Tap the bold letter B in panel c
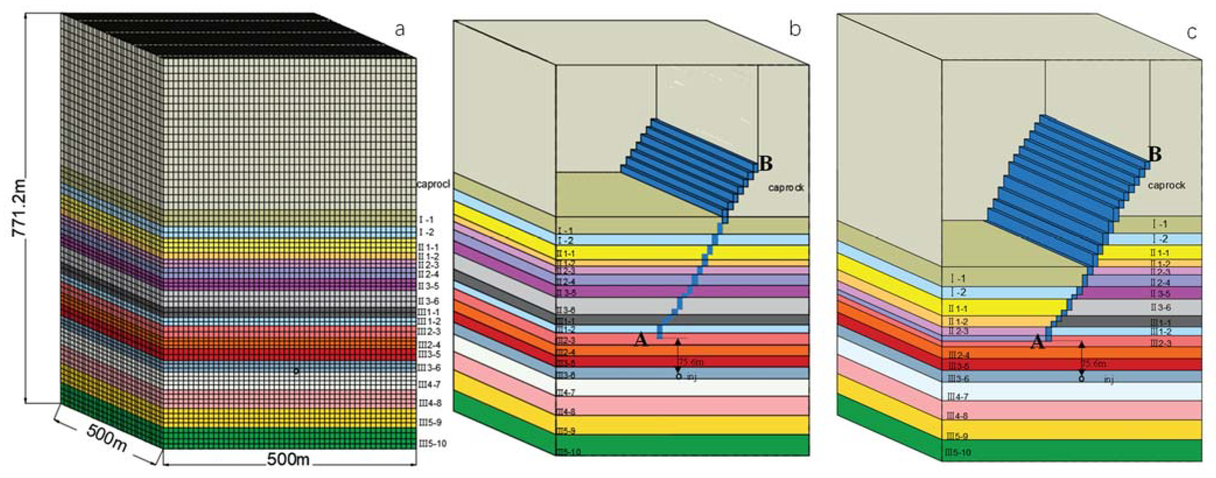click(1155, 155)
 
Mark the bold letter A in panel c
click(1037, 342)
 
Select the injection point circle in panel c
click(1082, 378)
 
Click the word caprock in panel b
click(786, 188)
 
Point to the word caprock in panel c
click(1166, 185)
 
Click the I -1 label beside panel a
click(425, 220)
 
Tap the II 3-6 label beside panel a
click(428, 301)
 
